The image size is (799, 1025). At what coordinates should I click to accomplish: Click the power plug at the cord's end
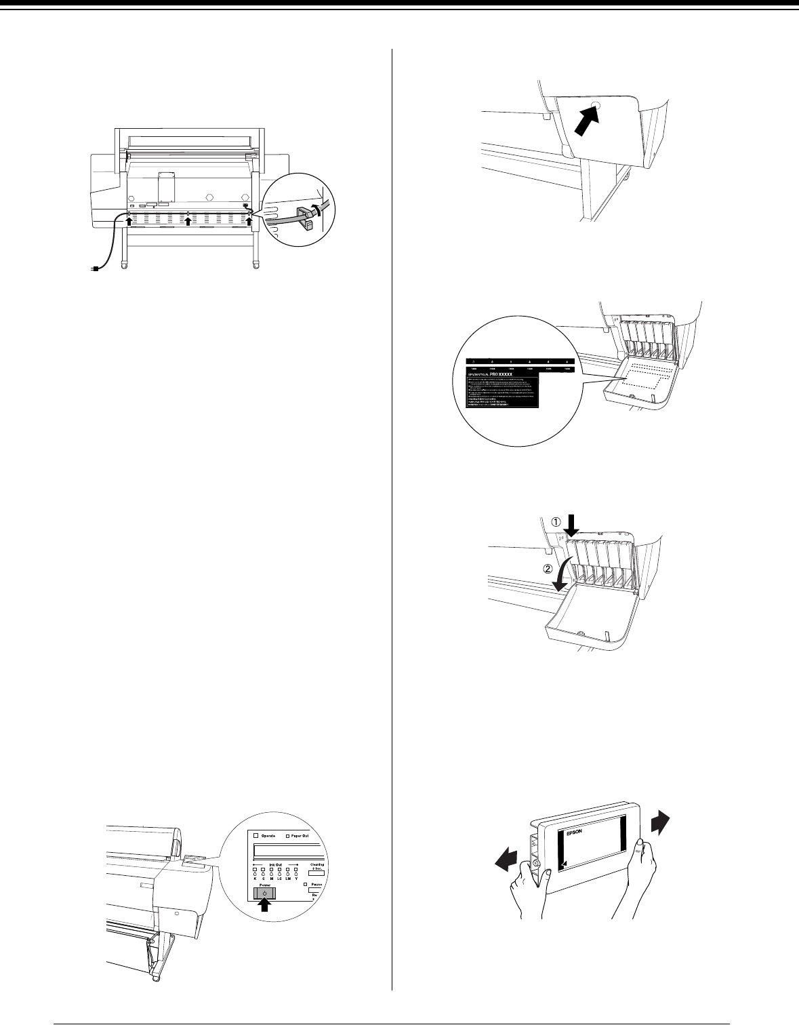95,269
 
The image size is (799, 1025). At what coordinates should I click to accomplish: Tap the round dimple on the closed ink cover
596,107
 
